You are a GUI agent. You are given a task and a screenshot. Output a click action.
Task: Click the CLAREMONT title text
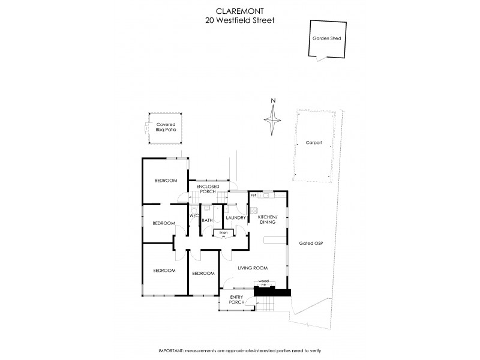click(x=240, y=10)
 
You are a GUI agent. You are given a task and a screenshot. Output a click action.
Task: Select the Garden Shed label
click(x=326, y=38)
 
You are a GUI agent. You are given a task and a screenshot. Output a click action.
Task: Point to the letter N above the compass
click(x=273, y=100)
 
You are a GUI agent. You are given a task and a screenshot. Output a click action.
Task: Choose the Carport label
click(x=313, y=143)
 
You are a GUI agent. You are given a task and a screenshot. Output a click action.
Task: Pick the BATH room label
click(x=207, y=220)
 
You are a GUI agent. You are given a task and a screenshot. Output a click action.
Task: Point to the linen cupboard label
click(x=224, y=232)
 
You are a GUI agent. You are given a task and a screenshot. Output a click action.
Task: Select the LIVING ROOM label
click(x=252, y=268)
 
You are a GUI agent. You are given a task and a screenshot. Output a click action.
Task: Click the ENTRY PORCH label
click(x=236, y=299)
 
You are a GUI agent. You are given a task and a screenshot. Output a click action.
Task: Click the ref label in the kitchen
click(x=254, y=195)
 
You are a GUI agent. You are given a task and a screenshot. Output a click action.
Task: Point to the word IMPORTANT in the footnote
click(x=173, y=350)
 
